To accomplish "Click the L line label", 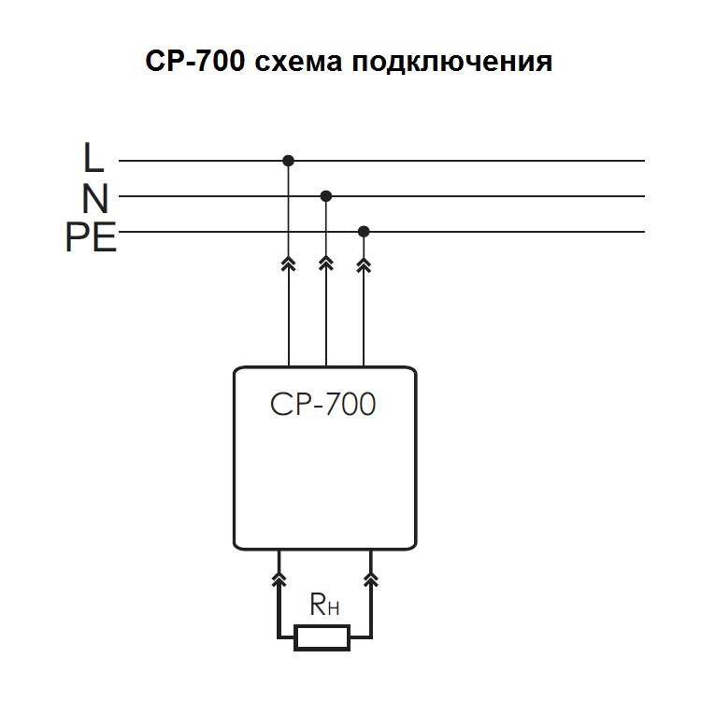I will coord(93,159).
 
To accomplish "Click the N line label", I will coord(94,198).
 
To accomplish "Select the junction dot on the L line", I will coord(288,161).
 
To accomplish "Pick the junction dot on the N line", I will coord(325,196).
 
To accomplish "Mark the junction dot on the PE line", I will coord(364,231).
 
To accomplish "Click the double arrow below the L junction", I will coord(288,265).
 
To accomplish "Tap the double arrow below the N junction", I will coord(325,265).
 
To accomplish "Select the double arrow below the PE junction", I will coord(364,265).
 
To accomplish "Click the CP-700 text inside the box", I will coord(322,406).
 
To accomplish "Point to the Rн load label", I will coord(323,607).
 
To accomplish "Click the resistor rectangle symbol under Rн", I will coord(322,638).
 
